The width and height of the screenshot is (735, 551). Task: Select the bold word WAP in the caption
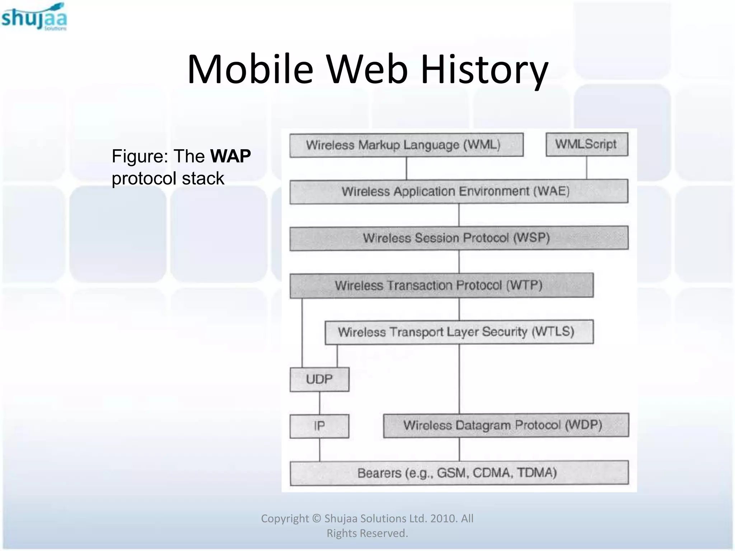coord(230,156)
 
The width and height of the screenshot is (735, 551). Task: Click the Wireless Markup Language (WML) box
coord(406,145)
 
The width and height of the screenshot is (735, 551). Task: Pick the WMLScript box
coord(587,144)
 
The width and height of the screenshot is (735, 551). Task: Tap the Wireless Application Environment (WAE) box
coord(459,191)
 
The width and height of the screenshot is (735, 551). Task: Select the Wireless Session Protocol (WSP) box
coord(459,238)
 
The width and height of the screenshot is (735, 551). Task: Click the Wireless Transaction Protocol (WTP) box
coord(441,286)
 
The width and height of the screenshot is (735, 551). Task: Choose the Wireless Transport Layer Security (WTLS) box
coord(459,332)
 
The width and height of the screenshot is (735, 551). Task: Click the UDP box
coord(319,379)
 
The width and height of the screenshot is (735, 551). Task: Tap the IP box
coord(319,426)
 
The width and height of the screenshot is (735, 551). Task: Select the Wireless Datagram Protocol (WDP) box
coord(506,425)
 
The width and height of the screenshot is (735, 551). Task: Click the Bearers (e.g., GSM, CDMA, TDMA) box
coord(459,473)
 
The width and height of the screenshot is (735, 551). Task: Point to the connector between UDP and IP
coord(319,402)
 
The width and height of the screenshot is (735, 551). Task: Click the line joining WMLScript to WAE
coord(587,168)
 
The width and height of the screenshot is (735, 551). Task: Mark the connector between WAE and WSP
coord(459,215)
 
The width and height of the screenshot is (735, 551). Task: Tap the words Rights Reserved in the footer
coord(367,533)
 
